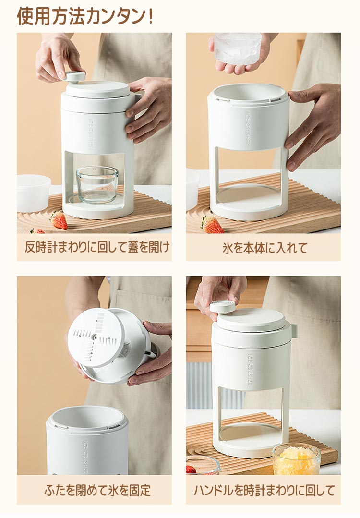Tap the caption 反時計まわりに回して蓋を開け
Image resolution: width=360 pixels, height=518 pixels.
pyautogui.click(x=97, y=247)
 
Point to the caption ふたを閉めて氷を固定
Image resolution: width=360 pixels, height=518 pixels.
pyautogui.click(x=97, y=490)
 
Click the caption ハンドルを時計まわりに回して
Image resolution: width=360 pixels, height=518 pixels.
pyautogui.click(x=264, y=490)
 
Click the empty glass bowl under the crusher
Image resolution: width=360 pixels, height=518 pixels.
pyautogui.click(x=97, y=185)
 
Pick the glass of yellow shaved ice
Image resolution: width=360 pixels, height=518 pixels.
pyautogui.click(x=296, y=459)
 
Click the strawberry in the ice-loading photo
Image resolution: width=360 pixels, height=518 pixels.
pyautogui.click(x=212, y=225)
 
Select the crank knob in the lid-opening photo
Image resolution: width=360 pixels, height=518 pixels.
pyautogui.click(x=74, y=77)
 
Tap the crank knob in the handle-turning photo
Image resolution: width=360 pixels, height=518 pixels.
pyautogui.click(x=225, y=307)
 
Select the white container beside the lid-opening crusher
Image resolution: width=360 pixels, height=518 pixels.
pyautogui.click(x=34, y=193)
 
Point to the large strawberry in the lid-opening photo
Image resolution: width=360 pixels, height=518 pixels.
pyautogui.click(x=59, y=220)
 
